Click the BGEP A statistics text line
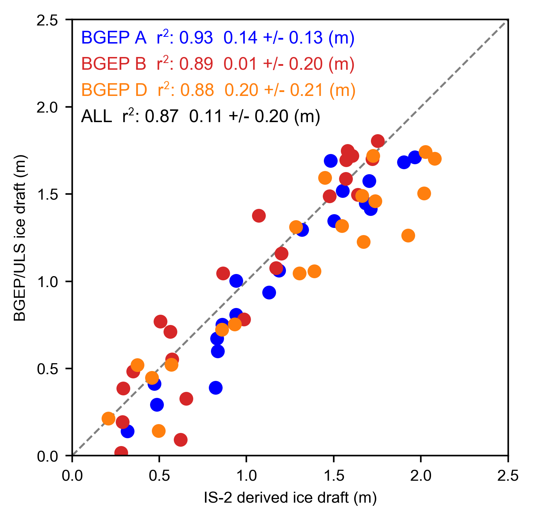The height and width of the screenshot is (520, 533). point(218,38)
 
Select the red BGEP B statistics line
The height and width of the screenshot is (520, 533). point(218,64)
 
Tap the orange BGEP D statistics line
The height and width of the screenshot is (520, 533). point(218,90)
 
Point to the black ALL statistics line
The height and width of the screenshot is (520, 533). point(200,116)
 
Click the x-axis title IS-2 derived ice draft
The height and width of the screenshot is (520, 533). point(290,498)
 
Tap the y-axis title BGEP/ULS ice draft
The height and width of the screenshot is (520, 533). point(20,238)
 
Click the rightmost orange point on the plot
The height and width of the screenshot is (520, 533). point(435,159)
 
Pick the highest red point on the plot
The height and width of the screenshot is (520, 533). point(378,141)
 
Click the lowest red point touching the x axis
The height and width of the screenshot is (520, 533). point(121,453)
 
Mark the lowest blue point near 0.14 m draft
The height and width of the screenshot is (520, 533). point(127,431)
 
